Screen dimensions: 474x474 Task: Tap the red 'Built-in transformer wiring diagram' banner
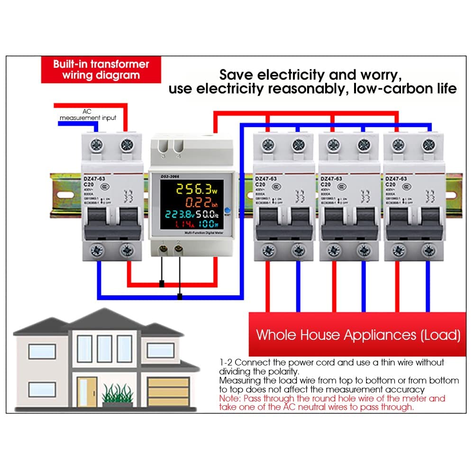100,69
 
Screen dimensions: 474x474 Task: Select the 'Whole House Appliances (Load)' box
358,335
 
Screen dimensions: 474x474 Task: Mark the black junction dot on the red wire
162,284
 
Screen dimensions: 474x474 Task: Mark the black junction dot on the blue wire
180,297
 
